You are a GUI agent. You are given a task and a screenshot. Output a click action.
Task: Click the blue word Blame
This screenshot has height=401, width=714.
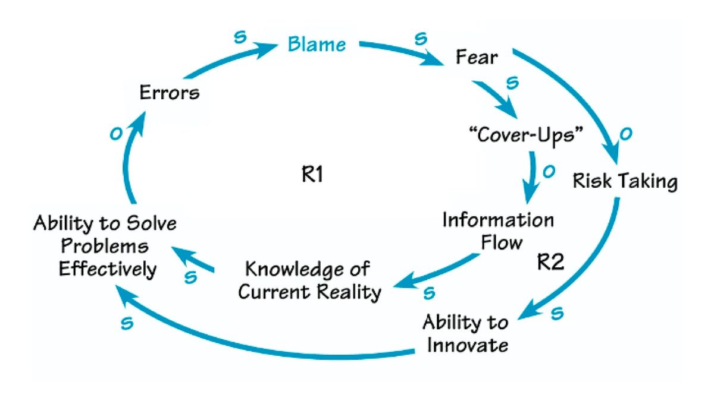(316, 44)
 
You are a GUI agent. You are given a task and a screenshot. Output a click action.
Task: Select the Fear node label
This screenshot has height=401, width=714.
(476, 57)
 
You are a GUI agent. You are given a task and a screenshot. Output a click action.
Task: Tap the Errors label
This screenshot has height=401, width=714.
(170, 93)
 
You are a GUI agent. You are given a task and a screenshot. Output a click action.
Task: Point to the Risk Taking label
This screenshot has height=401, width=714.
(625, 181)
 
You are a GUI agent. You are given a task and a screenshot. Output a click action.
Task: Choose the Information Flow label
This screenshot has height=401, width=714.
(497, 231)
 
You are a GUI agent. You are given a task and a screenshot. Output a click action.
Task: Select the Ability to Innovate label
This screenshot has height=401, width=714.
(465, 333)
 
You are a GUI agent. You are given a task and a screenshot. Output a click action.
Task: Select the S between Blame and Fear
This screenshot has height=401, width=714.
(421, 39)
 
